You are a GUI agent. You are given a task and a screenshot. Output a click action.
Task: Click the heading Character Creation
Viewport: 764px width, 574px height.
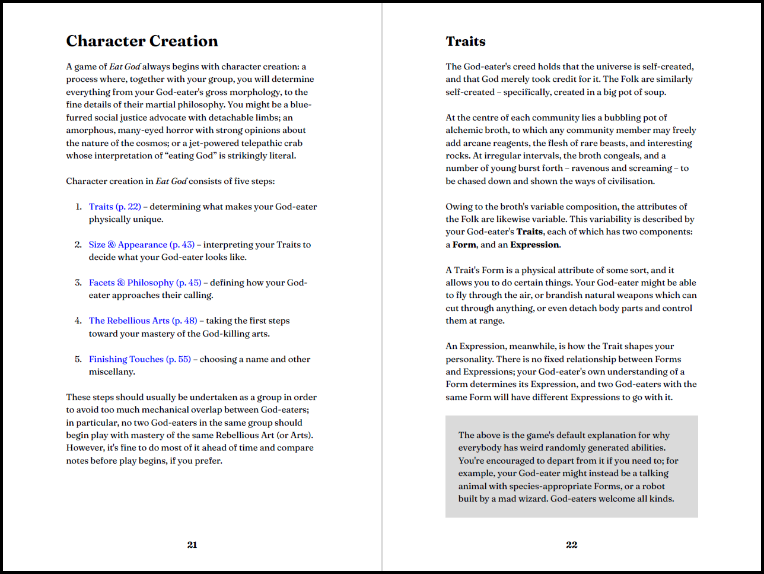point(142,41)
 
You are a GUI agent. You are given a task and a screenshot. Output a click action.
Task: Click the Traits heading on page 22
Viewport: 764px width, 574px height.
point(466,41)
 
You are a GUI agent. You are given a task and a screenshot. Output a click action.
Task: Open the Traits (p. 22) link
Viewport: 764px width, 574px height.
point(115,207)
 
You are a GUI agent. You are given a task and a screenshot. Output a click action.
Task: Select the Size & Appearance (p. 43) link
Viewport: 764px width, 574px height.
point(142,245)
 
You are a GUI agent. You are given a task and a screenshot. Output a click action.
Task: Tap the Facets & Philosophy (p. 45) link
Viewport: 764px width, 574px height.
point(145,283)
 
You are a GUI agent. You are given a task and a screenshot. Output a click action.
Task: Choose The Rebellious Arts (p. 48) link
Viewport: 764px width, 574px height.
point(143,321)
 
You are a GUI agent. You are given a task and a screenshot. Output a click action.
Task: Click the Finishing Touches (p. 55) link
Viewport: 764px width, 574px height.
point(140,359)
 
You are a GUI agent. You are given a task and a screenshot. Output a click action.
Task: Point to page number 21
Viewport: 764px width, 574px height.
point(192,545)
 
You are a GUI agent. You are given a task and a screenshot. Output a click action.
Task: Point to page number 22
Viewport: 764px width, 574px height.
point(571,545)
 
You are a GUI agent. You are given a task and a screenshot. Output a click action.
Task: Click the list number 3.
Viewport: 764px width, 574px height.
point(78,283)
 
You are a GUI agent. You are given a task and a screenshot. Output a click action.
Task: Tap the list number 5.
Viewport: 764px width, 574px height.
point(78,359)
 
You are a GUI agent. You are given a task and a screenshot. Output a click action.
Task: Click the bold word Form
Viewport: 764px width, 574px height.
point(464,245)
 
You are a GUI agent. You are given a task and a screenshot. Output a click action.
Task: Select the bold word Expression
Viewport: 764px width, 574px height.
point(534,245)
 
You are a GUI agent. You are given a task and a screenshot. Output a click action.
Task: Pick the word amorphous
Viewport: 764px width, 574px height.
point(90,130)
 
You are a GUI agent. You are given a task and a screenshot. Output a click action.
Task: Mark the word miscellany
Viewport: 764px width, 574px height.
point(112,372)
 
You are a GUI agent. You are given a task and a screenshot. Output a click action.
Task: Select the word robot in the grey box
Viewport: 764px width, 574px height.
point(654,486)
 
